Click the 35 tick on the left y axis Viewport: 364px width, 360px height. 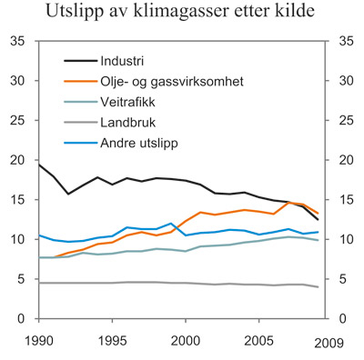pyautogui.click(x=17, y=41)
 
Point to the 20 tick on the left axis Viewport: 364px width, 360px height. pyautogui.click(x=17, y=160)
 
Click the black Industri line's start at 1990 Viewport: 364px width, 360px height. pyautogui.click(x=39, y=165)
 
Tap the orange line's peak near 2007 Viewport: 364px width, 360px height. pyautogui.click(x=288, y=202)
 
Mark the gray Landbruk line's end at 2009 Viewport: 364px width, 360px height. pyautogui.click(x=318, y=287)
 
